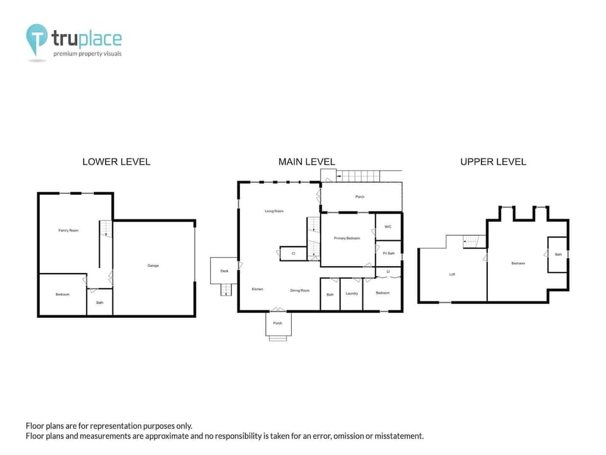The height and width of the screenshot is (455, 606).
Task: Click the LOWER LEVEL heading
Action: click(116, 162)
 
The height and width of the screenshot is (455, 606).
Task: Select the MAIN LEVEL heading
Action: click(307, 162)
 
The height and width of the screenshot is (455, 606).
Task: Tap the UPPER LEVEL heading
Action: click(493, 162)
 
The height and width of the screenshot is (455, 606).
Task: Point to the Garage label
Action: click(153, 265)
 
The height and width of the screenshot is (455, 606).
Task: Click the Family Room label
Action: click(68, 231)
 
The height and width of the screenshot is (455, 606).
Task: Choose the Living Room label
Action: click(274, 211)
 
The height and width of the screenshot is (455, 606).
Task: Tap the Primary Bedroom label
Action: click(347, 238)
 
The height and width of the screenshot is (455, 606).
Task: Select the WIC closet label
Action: click(388, 226)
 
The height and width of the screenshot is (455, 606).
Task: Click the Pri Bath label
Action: click(388, 253)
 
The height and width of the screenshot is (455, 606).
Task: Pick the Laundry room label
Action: click(352, 293)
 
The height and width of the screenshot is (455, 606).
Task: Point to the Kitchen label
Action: click(258, 289)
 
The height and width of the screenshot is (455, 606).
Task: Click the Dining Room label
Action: click(300, 290)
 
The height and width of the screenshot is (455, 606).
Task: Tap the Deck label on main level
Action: click(224, 271)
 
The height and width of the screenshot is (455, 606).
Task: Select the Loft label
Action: click(452, 274)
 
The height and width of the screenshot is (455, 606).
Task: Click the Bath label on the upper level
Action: click(558, 255)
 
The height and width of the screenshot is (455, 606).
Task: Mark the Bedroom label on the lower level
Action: click(62, 294)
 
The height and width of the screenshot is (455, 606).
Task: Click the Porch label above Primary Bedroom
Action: click(360, 197)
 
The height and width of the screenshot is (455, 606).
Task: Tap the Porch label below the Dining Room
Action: click(277, 323)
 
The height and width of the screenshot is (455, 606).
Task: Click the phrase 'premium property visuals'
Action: click(87, 54)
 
